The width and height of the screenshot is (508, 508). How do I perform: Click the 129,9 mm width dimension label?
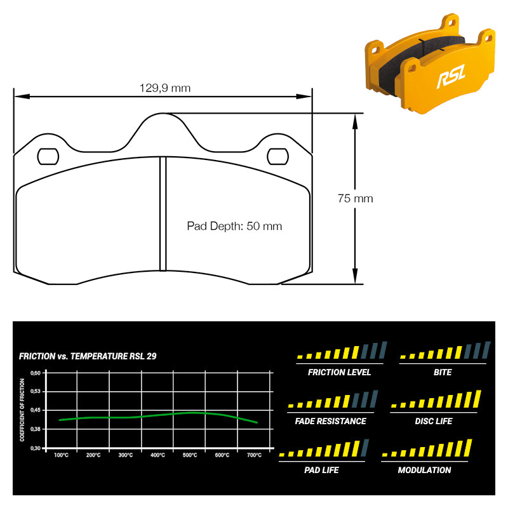pos(165,88)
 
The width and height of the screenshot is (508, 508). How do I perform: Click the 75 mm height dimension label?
pos(356,198)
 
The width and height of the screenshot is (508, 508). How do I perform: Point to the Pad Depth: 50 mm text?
pos(234,226)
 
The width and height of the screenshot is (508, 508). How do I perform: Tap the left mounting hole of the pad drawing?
pos(48,156)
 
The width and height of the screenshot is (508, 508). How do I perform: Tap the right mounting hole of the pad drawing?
pos(277,156)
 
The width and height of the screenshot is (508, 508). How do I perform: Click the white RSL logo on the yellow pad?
pos(451,76)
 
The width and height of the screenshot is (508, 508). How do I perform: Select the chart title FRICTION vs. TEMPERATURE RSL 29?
pos(88,356)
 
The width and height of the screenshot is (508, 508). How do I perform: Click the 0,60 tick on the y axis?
pos(36,373)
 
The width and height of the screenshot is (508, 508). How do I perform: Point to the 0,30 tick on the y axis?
pos(36,448)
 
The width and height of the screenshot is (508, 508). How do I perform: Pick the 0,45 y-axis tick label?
pos(36,410)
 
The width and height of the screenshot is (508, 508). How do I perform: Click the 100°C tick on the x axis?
pos(61,455)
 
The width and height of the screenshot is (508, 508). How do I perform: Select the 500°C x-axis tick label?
pos(190,455)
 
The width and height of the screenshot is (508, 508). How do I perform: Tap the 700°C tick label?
pos(255,455)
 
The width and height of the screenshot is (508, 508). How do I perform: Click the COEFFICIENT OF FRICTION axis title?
pos(22,410)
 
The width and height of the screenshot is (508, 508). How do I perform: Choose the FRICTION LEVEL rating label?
pos(339,372)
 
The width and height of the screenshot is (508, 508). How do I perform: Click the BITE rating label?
pos(443,372)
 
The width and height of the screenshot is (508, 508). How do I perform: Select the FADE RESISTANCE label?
pos(330,421)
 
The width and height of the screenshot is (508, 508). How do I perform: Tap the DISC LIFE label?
pos(434,421)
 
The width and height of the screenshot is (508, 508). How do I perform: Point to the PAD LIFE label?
pos(321,470)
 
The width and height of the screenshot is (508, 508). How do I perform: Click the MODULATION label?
pos(424,470)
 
